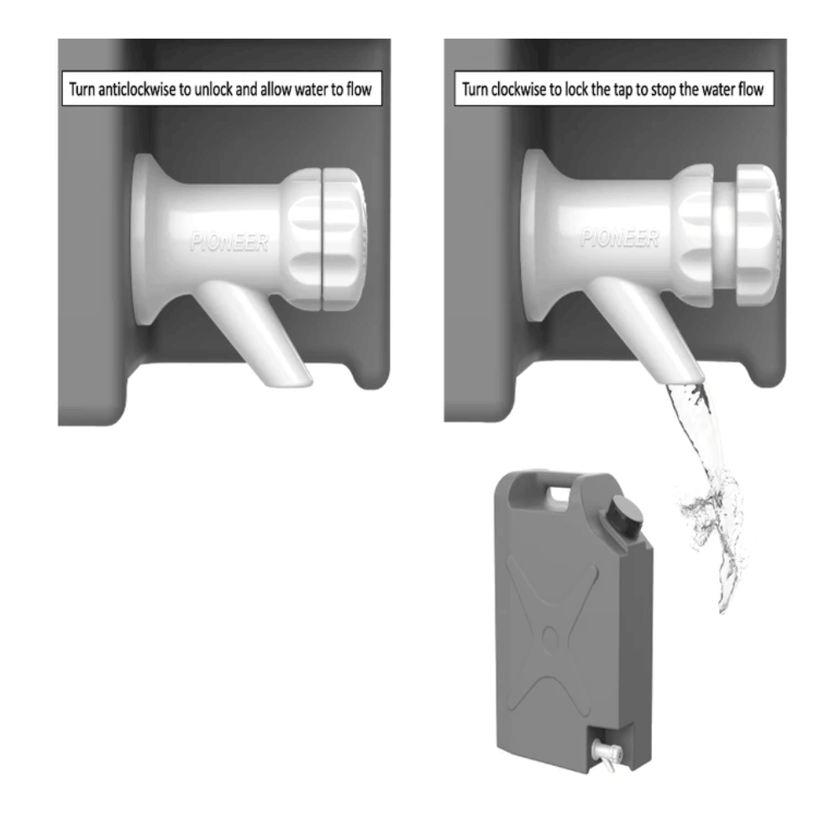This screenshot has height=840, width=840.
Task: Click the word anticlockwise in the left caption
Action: pos(137,89)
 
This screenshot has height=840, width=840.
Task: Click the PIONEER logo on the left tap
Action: pos(229,243)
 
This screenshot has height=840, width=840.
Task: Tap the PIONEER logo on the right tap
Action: pos(620,238)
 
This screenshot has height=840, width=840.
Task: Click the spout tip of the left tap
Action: pos(289,381)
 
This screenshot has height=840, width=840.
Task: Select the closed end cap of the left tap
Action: pos(343,239)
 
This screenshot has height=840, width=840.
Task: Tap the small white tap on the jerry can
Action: pos(606,753)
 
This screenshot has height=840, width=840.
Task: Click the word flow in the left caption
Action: pos(359,89)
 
